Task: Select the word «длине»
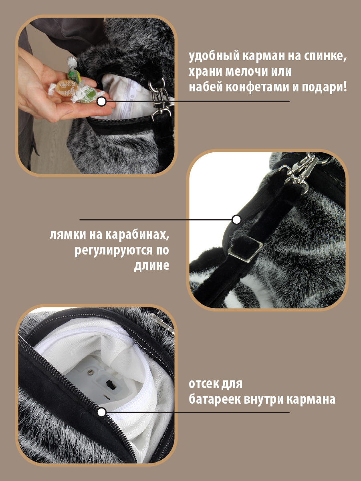[x=151, y=266]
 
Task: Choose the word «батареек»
[x=215, y=399]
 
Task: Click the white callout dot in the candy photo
[x=102, y=101]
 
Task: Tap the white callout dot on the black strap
[x=236, y=220]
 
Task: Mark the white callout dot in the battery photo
[x=102, y=412]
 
